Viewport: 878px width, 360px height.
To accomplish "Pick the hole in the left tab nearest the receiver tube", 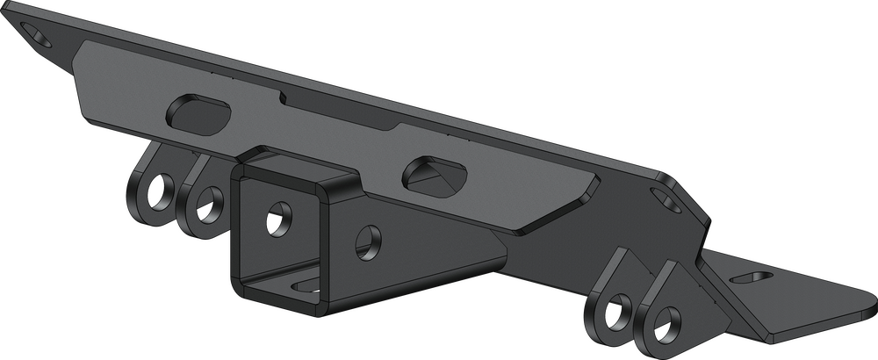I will click(x=206, y=204).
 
